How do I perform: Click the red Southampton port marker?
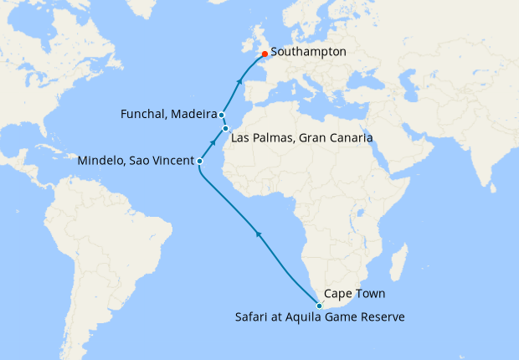click(265, 54)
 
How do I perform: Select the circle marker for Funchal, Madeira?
click(222, 115)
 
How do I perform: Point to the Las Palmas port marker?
click(226, 128)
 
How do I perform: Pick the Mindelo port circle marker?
click(199, 161)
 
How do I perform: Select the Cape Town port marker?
click(319, 306)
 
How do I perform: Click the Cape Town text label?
click(351, 295)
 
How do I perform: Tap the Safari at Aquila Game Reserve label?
click(319, 317)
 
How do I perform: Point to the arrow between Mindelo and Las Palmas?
click(213, 143)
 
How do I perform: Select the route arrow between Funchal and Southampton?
click(241, 81)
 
